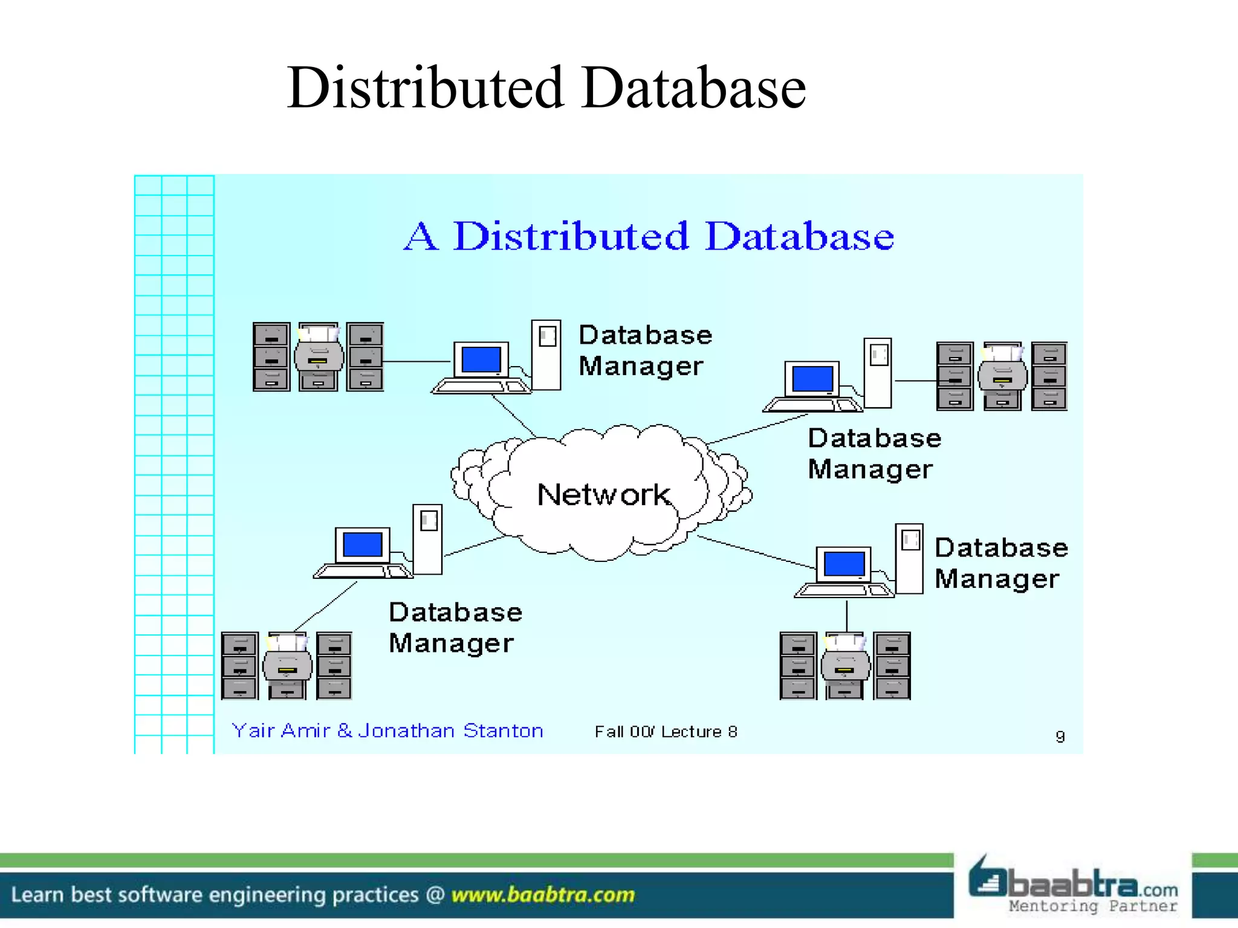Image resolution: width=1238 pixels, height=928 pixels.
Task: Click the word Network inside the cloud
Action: tap(603, 495)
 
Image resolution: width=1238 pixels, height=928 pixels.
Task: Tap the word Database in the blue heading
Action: tap(799, 236)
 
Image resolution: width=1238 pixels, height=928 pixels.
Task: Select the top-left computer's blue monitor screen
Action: tap(481, 360)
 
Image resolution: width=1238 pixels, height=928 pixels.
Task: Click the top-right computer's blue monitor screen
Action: tap(812, 379)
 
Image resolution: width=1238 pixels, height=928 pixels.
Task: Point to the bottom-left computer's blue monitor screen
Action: tap(362, 545)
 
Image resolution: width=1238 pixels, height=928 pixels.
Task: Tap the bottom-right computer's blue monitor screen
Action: tap(843, 564)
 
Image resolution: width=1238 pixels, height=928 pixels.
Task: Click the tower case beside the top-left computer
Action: tap(546, 355)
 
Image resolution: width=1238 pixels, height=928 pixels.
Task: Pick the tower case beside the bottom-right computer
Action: tap(909, 559)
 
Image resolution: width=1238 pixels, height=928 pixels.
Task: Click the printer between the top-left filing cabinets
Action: tap(319, 356)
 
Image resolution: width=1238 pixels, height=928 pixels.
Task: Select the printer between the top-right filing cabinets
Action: tap(1002, 376)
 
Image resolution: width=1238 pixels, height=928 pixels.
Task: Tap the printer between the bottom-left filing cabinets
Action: tap(288, 666)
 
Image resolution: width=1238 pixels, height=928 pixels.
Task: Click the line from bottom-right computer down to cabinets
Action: tap(846, 616)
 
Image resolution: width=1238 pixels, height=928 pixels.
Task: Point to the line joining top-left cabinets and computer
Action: tap(417, 361)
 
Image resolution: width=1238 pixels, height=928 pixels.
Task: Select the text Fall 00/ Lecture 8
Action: tap(666, 732)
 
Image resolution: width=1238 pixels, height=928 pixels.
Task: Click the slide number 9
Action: tap(1060, 736)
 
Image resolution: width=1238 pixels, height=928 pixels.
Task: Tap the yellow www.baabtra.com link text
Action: tap(543, 895)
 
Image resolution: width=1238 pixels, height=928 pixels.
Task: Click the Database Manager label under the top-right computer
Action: tap(873, 454)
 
